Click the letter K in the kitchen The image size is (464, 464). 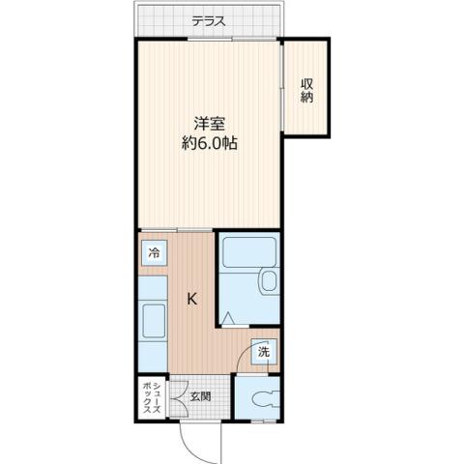point(192,299)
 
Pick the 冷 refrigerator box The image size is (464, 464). point(154,254)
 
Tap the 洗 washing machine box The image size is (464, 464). point(264,353)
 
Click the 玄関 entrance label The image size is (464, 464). point(200,395)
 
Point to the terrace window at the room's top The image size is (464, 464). point(208,40)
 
